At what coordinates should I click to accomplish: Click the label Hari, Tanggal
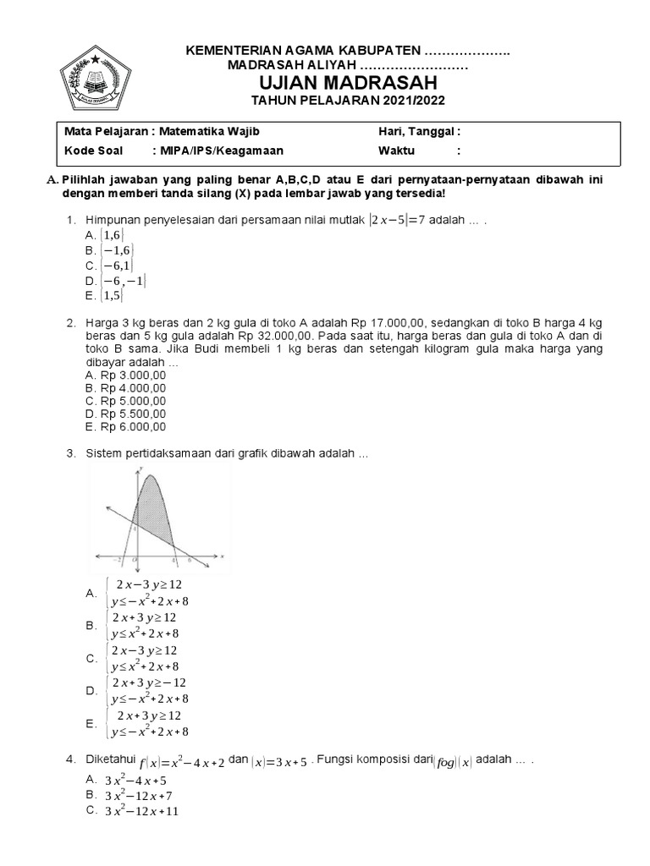418,132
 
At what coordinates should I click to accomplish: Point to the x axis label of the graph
222,557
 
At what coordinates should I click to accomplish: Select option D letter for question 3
91,691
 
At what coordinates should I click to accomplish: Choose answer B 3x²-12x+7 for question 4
139,796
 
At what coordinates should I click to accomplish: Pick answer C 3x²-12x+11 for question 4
141,811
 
